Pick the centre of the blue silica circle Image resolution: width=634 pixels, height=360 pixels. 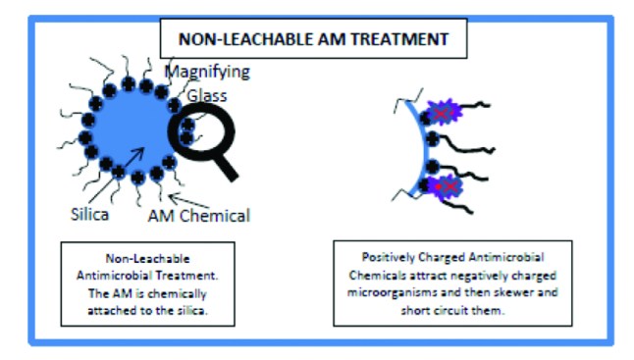(128, 129)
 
